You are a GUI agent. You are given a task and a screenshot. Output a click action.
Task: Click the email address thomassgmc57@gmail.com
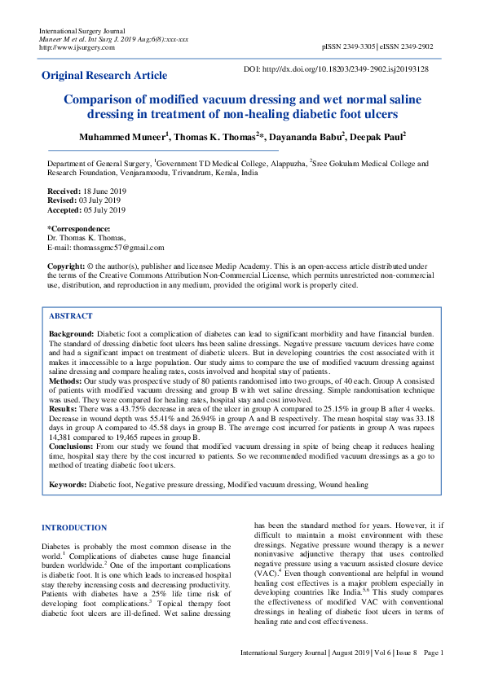click(119, 248)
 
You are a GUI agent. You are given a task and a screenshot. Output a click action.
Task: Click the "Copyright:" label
click(66, 266)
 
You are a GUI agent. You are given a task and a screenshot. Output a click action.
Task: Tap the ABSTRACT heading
click(71, 315)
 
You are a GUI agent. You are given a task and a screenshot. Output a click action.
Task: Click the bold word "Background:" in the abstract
click(72, 334)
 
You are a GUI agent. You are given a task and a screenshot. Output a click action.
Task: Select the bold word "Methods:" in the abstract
click(66, 380)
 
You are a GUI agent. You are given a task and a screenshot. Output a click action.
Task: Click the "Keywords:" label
click(68, 485)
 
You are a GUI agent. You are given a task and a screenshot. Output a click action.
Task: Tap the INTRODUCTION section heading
click(73, 528)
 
